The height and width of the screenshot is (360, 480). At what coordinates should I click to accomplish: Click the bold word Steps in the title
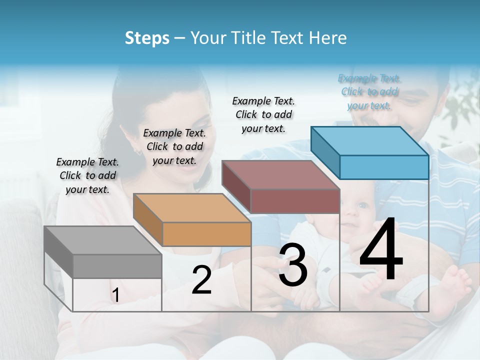(147, 38)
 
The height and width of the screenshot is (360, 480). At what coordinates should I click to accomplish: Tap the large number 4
(381, 249)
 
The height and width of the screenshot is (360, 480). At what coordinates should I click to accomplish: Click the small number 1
(115, 295)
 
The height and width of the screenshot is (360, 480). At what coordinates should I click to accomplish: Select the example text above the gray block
(87, 175)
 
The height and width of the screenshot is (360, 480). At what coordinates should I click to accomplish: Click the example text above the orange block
(174, 146)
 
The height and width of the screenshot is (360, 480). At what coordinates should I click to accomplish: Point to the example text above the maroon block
(263, 114)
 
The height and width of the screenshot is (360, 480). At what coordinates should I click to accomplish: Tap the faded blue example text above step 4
(369, 91)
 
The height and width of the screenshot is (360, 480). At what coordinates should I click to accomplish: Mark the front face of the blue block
(384, 167)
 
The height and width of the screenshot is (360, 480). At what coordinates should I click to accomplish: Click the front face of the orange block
(206, 234)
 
